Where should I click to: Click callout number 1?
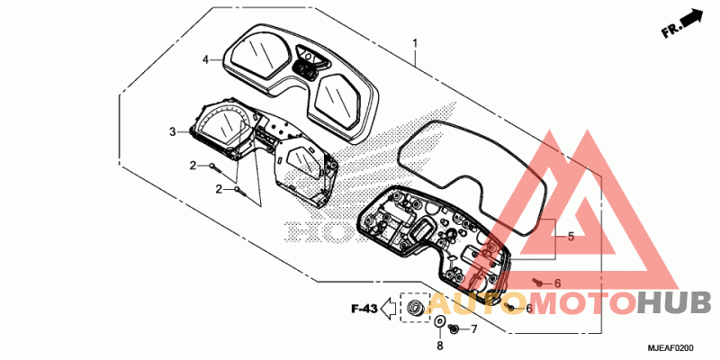[415, 42]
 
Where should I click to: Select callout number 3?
[172, 131]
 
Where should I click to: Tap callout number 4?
[205, 59]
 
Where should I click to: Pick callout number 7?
[473, 328]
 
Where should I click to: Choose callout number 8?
[439, 346]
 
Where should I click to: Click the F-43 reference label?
[364, 310]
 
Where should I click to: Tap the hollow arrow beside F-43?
[388, 310]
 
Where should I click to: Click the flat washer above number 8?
[440, 322]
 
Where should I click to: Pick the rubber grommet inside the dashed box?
[416, 309]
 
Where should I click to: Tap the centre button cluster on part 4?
[306, 63]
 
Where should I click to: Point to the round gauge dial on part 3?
[220, 126]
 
